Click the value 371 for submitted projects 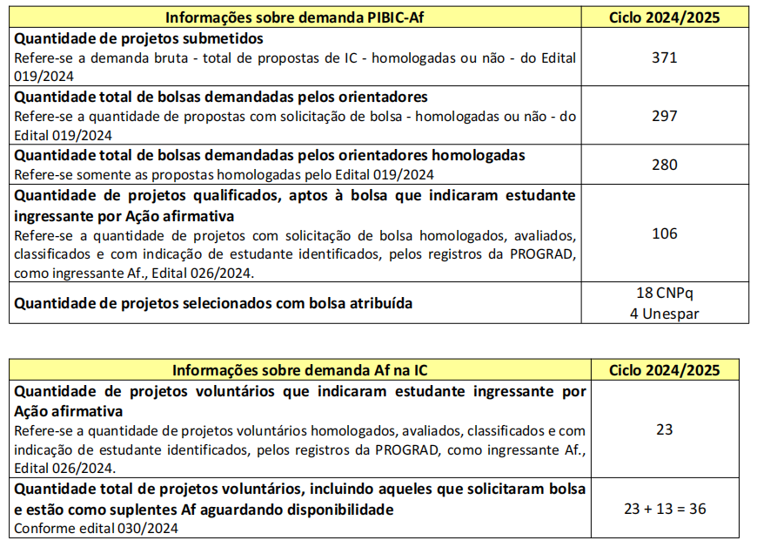pos(664,57)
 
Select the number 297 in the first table pos(664,115)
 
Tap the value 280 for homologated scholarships pos(664,164)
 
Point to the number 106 pos(664,233)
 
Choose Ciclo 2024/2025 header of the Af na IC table pos(664,369)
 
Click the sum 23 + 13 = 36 pos(664,509)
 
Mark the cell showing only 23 pos(664,429)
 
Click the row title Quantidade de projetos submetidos pos(139,39)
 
